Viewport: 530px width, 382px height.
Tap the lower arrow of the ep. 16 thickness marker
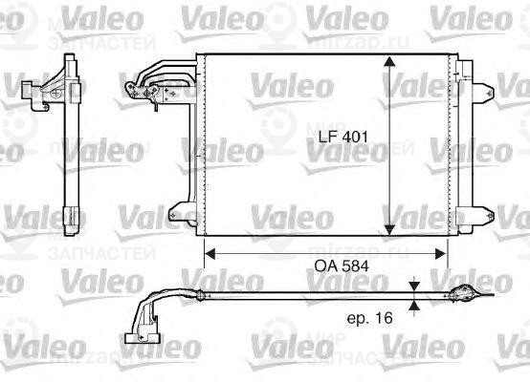pos(413,306)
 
